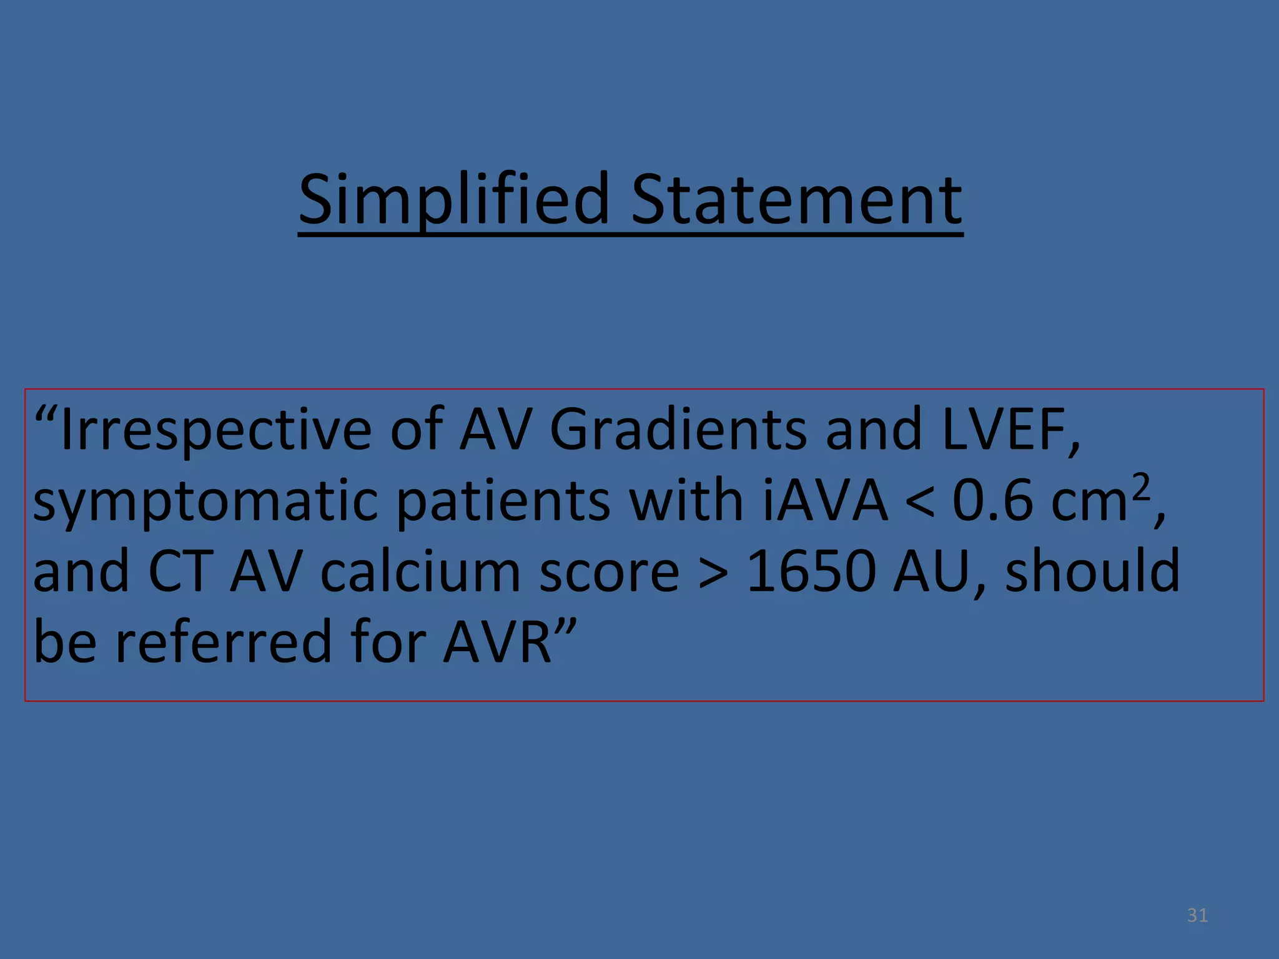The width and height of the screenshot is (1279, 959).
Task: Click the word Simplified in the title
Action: [x=453, y=200]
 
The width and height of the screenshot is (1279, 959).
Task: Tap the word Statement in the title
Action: [x=797, y=200]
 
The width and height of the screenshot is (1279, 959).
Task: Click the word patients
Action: [x=503, y=501]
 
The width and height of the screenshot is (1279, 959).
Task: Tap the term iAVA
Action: [x=824, y=501]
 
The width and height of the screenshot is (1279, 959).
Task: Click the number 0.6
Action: [x=993, y=501]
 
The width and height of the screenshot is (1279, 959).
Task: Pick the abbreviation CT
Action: [x=180, y=572]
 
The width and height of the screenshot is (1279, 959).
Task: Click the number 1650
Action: [x=811, y=572]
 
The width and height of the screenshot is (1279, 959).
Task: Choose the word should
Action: [x=1093, y=571]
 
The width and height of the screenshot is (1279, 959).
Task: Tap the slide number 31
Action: [x=1197, y=915]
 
